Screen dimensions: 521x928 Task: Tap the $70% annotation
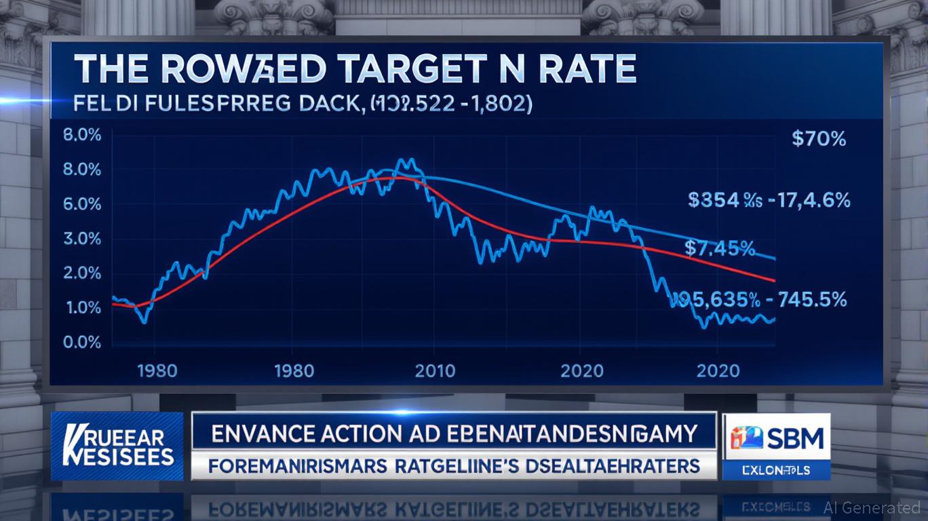pyautogui.click(x=819, y=139)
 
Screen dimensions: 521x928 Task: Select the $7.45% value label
pyautogui.click(x=719, y=248)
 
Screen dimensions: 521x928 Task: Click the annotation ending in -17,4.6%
pyautogui.click(x=769, y=200)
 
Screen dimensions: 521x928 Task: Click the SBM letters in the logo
pyautogui.click(x=796, y=439)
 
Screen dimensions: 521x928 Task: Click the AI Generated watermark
pyautogui.click(x=872, y=507)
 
